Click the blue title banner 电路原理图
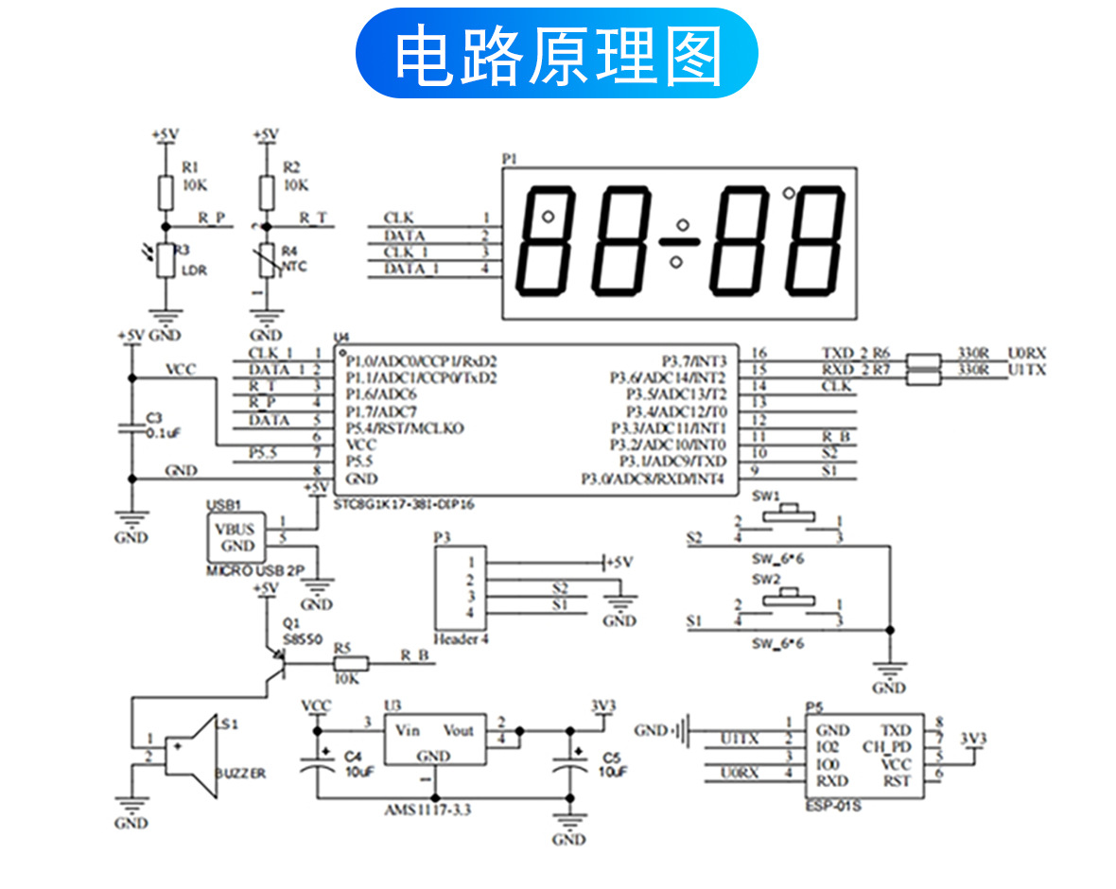[x=557, y=54]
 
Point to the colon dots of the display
[x=678, y=242]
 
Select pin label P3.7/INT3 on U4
[x=692, y=360]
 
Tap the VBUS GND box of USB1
[x=235, y=537]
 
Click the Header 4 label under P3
[x=461, y=639]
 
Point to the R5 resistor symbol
[x=348, y=665]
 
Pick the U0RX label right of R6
[x=1026, y=353]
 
